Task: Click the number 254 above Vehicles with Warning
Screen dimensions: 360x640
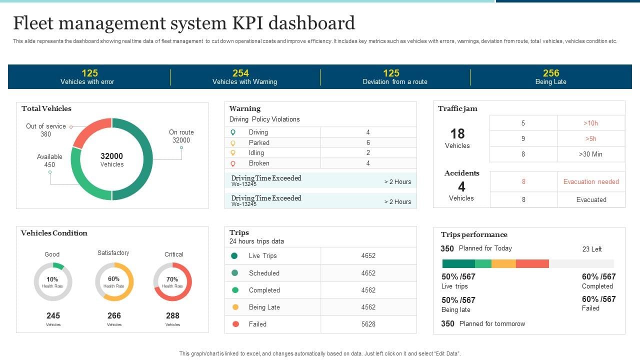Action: pos(240,73)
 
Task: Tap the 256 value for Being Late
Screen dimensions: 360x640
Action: pos(551,73)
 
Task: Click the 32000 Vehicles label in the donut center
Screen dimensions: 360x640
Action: pos(111,159)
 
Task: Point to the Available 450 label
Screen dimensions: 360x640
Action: pos(49,160)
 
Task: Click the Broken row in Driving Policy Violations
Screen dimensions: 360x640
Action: pos(259,163)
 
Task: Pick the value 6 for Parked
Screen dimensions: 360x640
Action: pos(368,142)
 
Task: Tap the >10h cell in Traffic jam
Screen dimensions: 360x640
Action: pos(590,123)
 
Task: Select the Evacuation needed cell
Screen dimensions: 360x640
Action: pos(591,181)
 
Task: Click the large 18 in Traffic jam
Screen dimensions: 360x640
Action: pos(457,134)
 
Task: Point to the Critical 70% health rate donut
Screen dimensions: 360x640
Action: pos(172,282)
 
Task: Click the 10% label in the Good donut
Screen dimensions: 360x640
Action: pos(52,279)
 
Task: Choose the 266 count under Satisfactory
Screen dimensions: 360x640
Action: pos(114,315)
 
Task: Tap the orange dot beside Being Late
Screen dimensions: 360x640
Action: pos(235,307)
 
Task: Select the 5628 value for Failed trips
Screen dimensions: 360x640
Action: pos(368,324)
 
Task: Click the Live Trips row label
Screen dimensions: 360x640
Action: pos(262,255)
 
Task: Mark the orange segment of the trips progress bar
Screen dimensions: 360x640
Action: pos(503,264)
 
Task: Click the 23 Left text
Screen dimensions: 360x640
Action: pos(592,249)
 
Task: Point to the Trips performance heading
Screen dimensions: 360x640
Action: pos(474,234)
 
